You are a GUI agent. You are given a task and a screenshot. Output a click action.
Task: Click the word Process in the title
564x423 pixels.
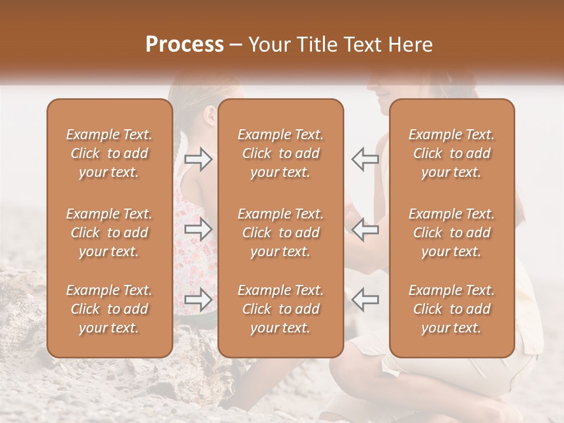tap(184, 45)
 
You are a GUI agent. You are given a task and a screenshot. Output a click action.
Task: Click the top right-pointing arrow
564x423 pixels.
tap(199, 159)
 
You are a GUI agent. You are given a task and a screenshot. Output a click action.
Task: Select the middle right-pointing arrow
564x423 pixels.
tap(199, 229)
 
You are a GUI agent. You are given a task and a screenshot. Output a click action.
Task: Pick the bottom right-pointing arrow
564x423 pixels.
tap(199, 299)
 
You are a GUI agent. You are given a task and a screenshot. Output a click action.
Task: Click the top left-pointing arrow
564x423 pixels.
tap(365, 159)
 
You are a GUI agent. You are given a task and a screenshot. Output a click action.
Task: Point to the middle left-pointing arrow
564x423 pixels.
tap(365, 229)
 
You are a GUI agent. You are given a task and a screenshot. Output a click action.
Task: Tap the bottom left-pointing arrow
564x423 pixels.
tap(365, 299)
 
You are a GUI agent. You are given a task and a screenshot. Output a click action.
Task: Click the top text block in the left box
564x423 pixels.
tap(109, 153)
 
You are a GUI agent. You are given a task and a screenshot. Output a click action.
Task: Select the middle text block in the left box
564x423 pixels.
tap(109, 233)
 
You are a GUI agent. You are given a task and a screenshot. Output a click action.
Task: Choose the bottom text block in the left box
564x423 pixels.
tap(109, 309)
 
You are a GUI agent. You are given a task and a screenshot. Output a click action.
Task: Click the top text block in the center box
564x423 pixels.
tap(280, 153)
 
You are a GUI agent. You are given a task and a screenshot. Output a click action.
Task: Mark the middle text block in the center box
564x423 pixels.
tap(280, 233)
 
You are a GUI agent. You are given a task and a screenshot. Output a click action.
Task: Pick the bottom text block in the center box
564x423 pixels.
tap(280, 309)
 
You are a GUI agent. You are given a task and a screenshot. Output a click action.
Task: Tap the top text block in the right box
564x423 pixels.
tap(452, 153)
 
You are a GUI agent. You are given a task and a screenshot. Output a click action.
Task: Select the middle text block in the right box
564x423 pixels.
tap(452, 233)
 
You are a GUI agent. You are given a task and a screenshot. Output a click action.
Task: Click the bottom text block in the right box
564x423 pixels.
tap(452, 309)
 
